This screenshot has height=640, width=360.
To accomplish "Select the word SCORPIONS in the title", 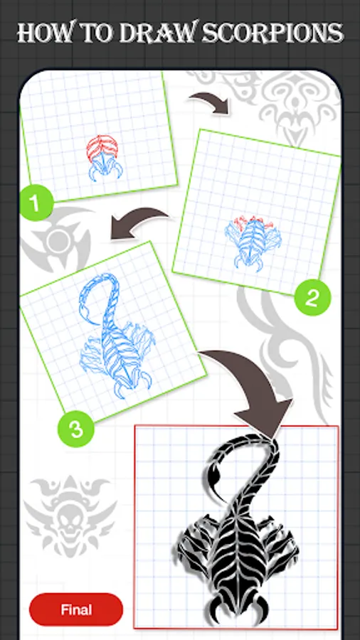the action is [273, 33].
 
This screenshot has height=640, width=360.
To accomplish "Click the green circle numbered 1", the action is [36, 203].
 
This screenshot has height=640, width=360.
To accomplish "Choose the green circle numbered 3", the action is [76, 429].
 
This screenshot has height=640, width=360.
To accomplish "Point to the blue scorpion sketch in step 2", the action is [254, 244].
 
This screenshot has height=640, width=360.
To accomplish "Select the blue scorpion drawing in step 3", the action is [117, 336].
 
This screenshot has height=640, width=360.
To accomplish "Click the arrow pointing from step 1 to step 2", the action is [209, 101].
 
